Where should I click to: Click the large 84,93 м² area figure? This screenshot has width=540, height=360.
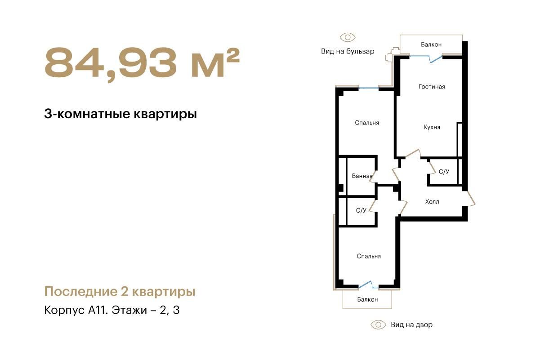[x=142, y=63]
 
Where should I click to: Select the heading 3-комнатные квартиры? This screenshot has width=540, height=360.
[x=120, y=114]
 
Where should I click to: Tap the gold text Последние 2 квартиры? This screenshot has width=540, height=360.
[x=120, y=292]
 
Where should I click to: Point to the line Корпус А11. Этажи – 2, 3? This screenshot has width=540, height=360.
[x=112, y=310]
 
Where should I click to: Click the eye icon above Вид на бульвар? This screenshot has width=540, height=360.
[x=348, y=37]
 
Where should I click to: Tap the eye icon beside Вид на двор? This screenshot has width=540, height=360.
[x=378, y=324]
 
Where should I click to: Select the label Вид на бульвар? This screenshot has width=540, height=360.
[x=348, y=51]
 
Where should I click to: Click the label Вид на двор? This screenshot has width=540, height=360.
[x=412, y=325]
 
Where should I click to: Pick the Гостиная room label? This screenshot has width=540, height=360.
[x=432, y=87]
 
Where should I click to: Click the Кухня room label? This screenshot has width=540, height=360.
[x=432, y=127]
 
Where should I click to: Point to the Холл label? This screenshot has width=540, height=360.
[x=432, y=201]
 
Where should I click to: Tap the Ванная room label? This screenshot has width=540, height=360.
[x=362, y=176]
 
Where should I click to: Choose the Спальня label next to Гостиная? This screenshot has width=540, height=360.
[x=367, y=123]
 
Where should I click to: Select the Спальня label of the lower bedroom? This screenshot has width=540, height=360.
[x=369, y=256]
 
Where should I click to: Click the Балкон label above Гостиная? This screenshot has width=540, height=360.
[x=431, y=44]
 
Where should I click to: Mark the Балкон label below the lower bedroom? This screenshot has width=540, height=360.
[x=367, y=299]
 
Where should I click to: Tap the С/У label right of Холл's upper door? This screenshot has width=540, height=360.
[x=444, y=172]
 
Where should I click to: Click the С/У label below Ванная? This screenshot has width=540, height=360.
[x=361, y=210]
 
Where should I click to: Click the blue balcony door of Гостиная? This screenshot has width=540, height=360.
[x=436, y=59]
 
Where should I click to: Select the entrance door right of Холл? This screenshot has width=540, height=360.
[x=469, y=199]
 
